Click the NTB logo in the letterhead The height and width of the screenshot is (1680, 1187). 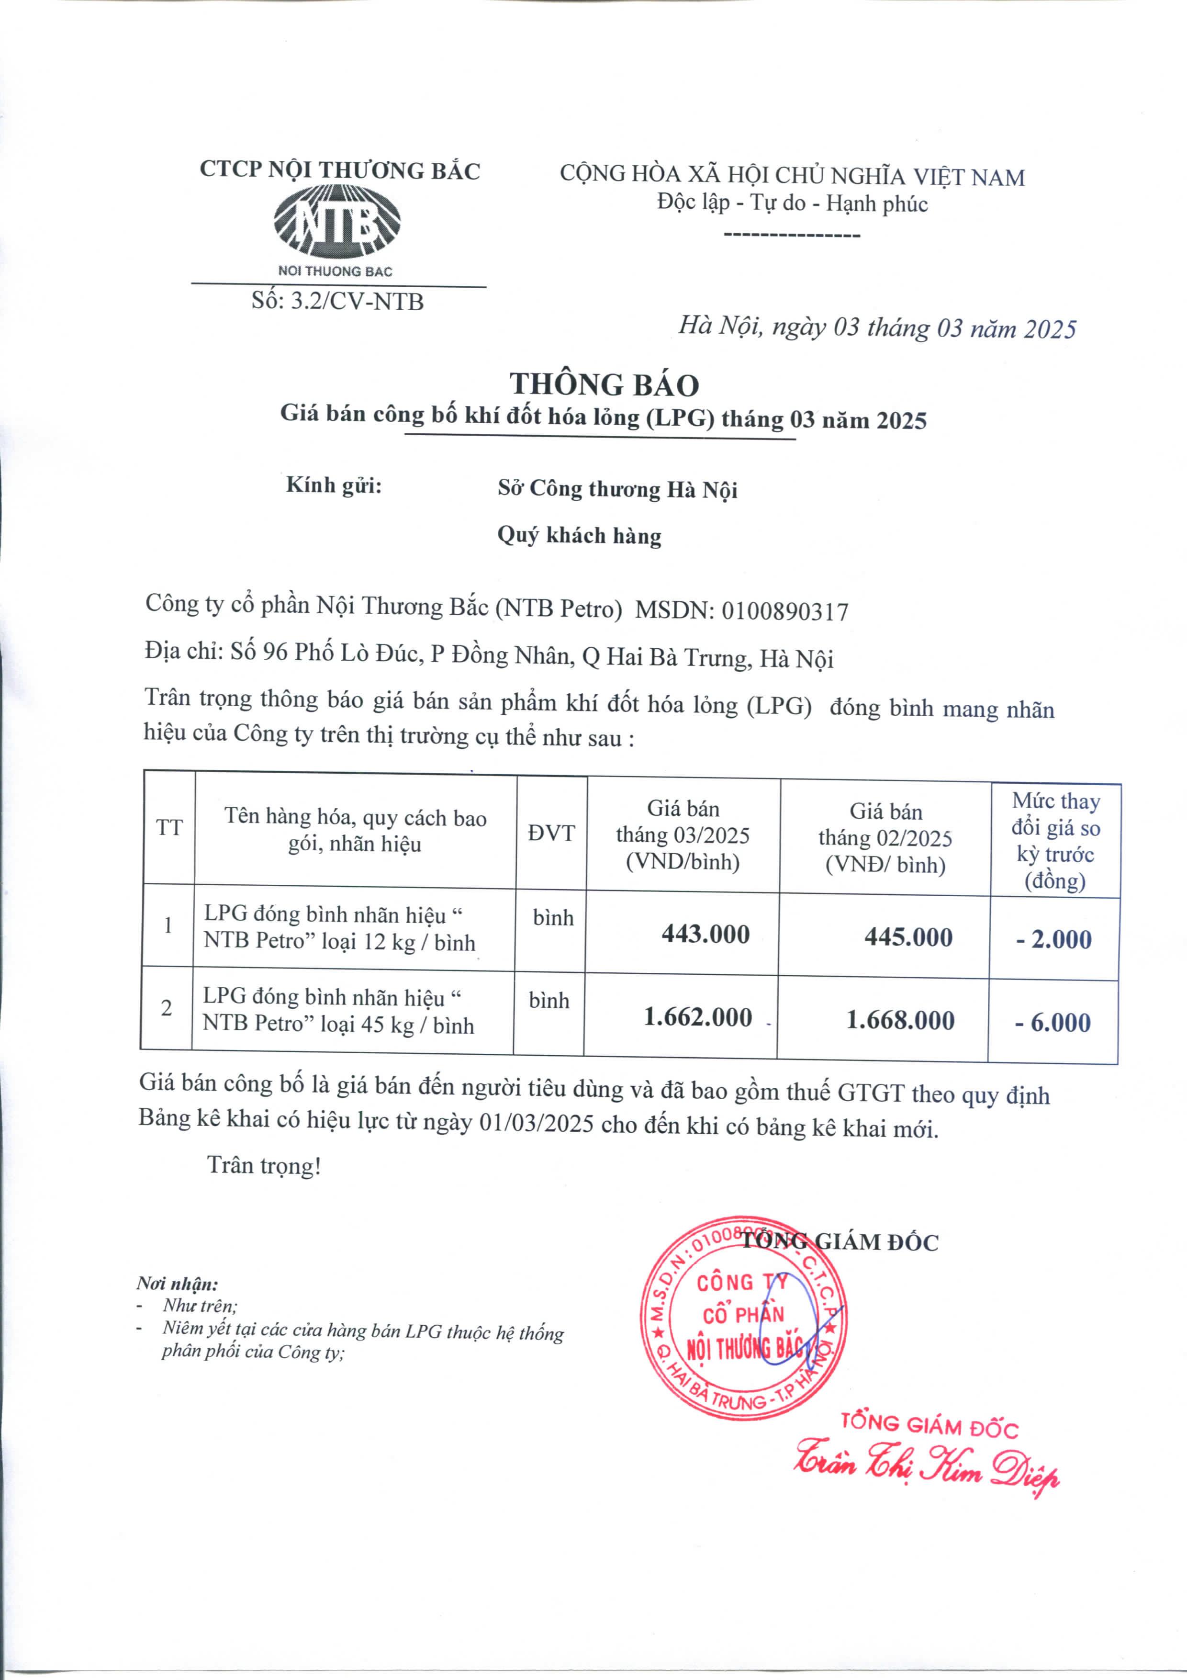point(337,222)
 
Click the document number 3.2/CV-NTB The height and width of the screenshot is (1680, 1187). point(357,302)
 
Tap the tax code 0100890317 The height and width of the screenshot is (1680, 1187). point(785,611)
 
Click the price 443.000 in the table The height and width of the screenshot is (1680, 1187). point(705,935)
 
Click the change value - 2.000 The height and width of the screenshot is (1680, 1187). point(1054,939)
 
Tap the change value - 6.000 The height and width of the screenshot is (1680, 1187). point(1053,1022)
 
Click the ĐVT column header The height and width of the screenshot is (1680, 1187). point(551,833)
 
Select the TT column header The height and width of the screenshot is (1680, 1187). point(169,828)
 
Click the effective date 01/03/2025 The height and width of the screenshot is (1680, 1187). point(536,1124)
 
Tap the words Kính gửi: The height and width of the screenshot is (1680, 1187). point(334,485)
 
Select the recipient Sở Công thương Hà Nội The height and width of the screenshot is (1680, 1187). point(617,489)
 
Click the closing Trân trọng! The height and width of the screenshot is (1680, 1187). point(264,1165)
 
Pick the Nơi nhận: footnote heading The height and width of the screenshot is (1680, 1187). point(177,1284)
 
